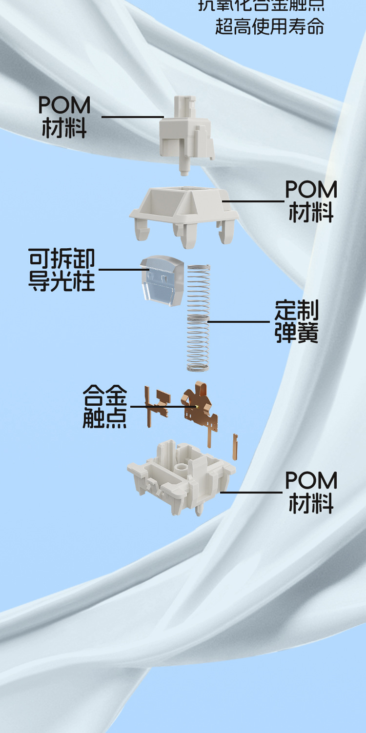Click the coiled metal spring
coord(199,317)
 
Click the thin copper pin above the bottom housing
coord(235,447)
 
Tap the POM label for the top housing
coord(311,201)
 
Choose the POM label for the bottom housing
coord(311,492)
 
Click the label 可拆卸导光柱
coord(61,270)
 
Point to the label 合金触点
coord(104,406)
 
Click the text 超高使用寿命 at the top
coord(269,26)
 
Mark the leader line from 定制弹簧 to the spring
coord(239,321)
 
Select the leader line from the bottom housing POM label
coord(251,492)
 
